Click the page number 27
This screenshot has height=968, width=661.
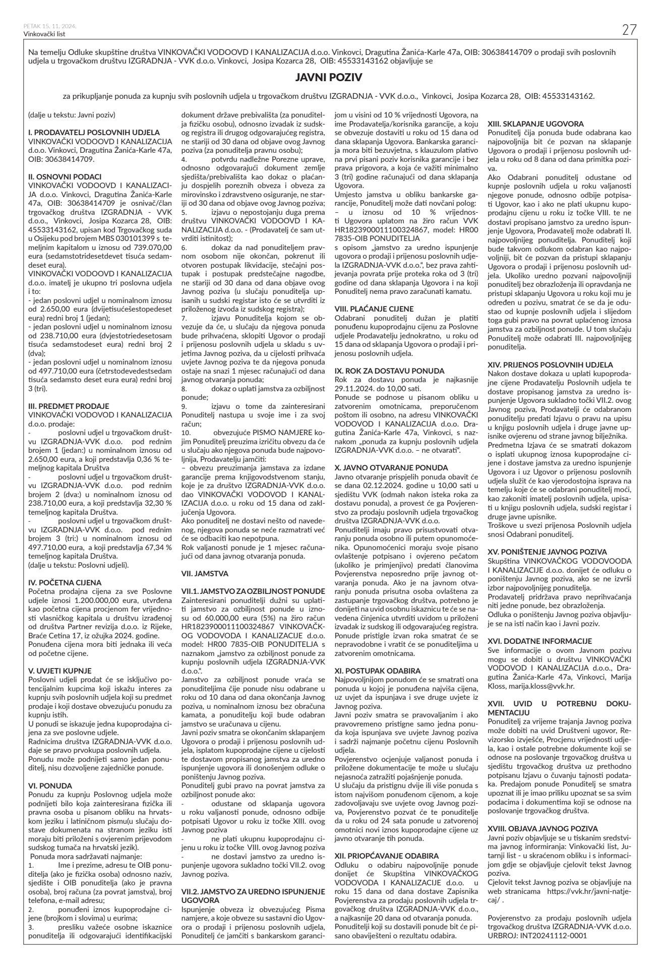click(629, 30)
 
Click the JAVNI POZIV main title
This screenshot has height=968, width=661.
click(330, 78)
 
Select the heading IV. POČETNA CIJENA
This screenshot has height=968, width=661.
click(65, 582)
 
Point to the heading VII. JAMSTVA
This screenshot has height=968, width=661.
click(205, 573)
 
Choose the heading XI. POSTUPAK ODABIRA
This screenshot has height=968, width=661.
click(378, 671)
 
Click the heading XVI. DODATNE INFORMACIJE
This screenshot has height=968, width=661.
click(539, 641)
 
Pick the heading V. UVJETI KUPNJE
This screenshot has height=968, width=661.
click(60, 671)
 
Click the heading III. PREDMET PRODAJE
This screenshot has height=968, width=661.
click(69, 406)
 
